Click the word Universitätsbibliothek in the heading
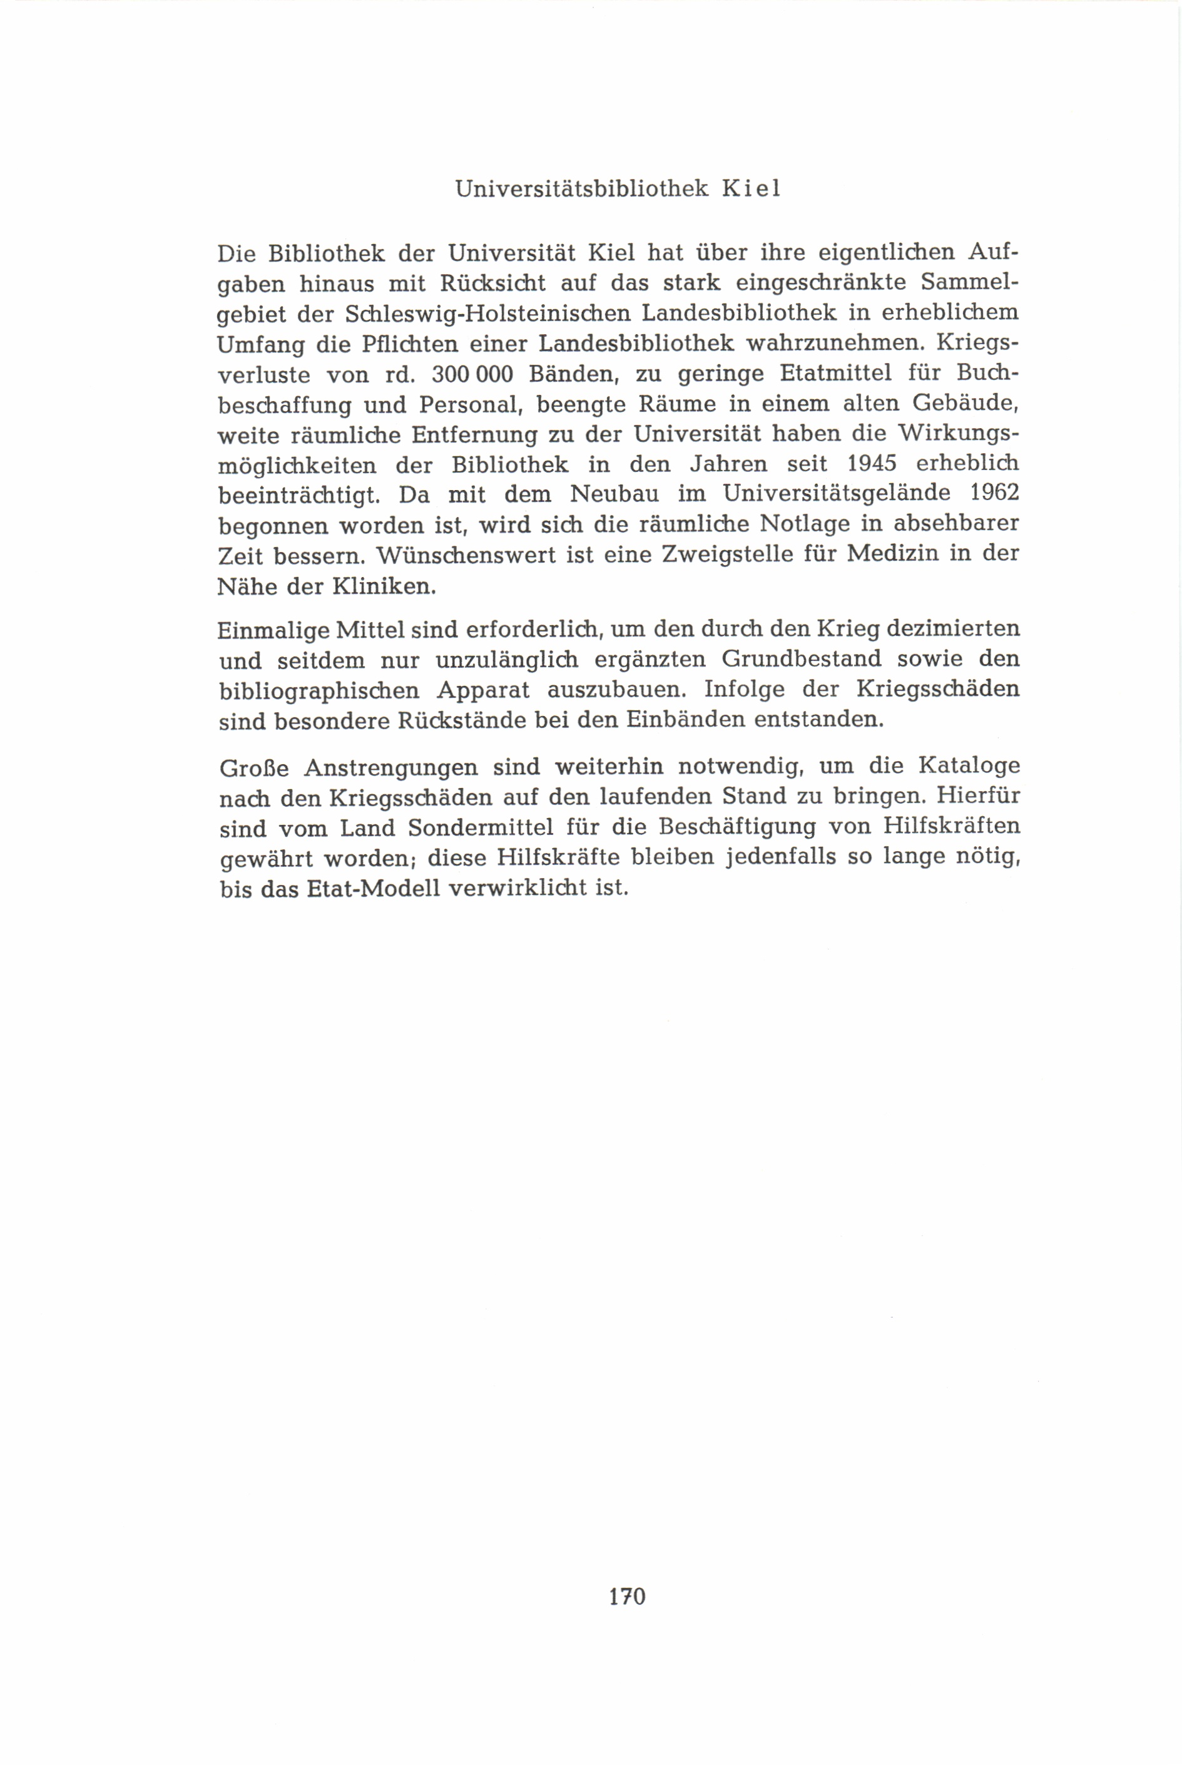pyautogui.click(x=582, y=188)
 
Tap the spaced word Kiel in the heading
pyautogui.click(x=751, y=188)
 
